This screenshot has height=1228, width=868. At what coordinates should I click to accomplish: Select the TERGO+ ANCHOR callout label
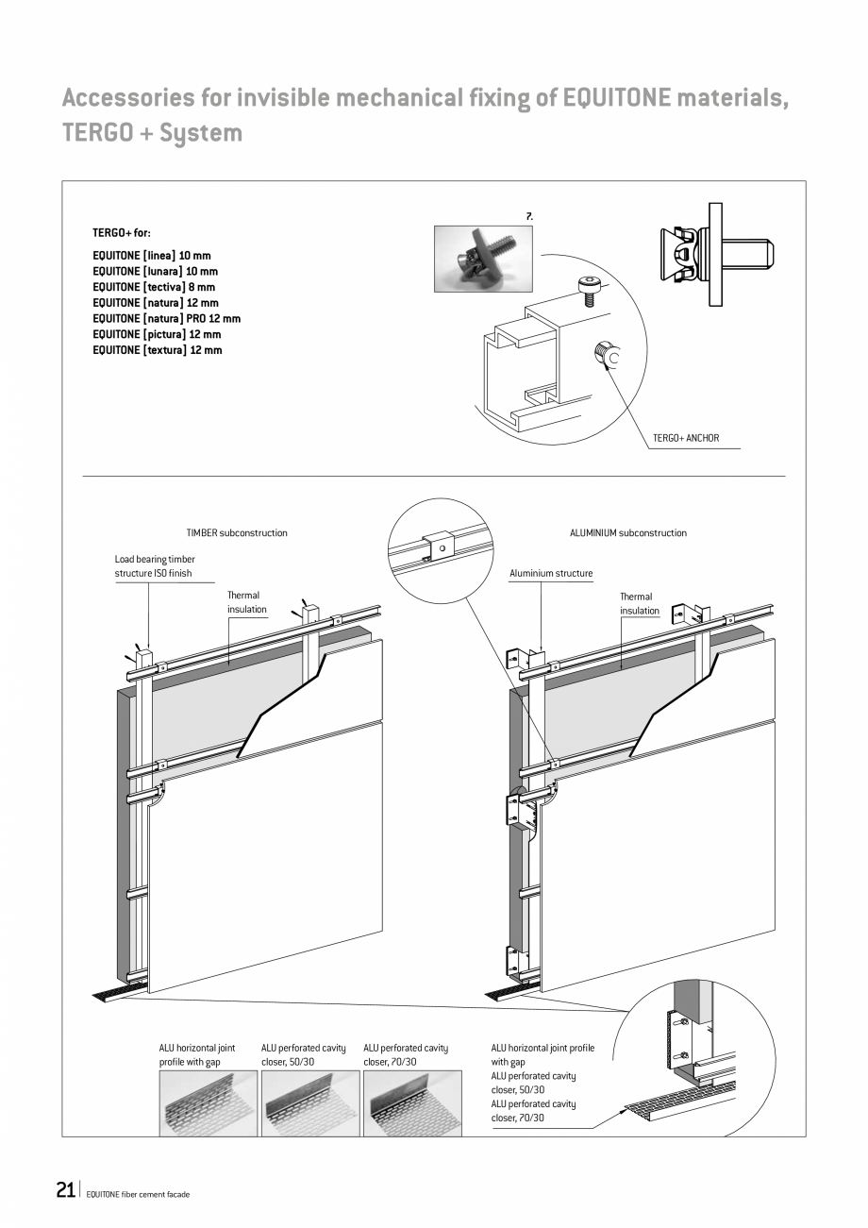pyautogui.click(x=686, y=438)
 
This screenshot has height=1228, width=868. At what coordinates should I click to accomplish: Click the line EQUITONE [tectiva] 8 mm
pyautogui.click(x=154, y=287)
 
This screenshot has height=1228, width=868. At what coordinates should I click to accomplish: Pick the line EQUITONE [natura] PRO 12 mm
pyautogui.click(x=166, y=319)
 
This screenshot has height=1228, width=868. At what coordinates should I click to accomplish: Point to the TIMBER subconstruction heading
pyautogui.click(x=237, y=533)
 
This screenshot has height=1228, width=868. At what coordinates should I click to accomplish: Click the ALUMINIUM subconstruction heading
pyautogui.click(x=628, y=533)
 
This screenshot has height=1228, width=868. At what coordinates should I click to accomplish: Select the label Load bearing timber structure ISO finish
pyautogui.click(x=155, y=566)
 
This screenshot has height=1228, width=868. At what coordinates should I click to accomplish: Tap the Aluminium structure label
pyautogui.click(x=551, y=573)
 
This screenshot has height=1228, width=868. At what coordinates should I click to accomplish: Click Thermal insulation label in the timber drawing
pyautogui.click(x=245, y=602)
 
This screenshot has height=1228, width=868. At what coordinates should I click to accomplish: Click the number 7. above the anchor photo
pyautogui.click(x=530, y=216)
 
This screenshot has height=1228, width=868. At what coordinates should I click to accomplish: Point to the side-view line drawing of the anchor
pyautogui.click(x=716, y=253)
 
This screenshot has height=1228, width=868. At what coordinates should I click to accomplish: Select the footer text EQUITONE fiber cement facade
pyautogui.click(x=138, y=1194)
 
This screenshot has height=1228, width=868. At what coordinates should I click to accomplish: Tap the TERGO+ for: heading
pyautogui.click(x=121, y=232)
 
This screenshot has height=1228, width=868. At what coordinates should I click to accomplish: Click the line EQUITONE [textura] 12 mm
pyautogui.click(x=158, y=350)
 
